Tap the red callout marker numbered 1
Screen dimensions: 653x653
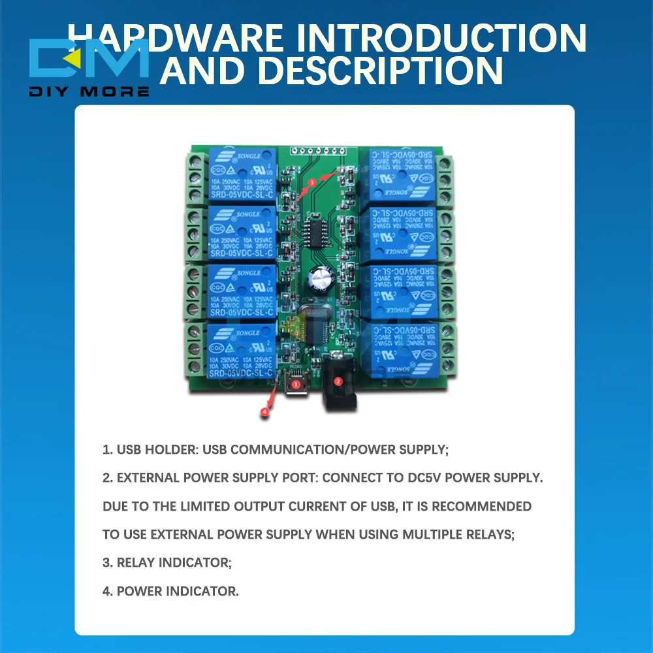(296, 385)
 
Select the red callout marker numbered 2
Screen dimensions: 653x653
(338, 381)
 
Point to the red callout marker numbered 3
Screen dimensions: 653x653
(312, 183)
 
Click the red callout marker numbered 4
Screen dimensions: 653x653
(264, 412)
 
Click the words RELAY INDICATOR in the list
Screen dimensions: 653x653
(174, 563)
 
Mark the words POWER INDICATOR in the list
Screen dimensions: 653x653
(178, 592)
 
